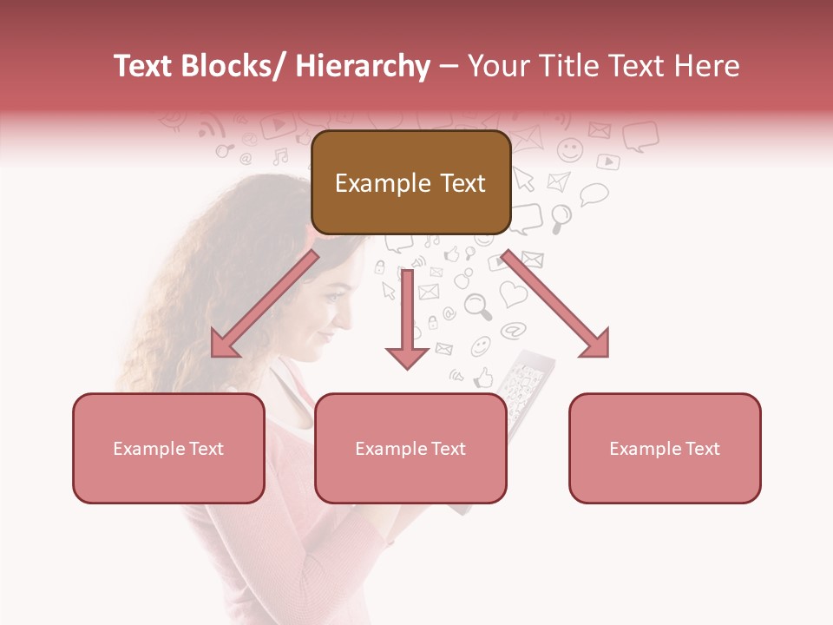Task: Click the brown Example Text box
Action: pyautogui.click(x=410, y=182)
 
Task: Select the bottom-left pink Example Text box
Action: pyautogui.click(x=168, y=448)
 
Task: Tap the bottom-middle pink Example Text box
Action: pyautogui.click(x=410, y=448)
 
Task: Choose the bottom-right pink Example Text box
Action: pyautogui.click(x=665, y=448)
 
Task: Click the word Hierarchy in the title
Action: pyautogui.click(x=363, y=66)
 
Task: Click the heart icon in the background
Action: pyautogui.click(x=514, y=293)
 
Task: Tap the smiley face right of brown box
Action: pyautogui.click(x=570, y=150)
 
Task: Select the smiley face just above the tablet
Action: pyautogui.click(x=481, y=346)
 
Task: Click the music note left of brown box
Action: pyautogui.click(x=280, y=157)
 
